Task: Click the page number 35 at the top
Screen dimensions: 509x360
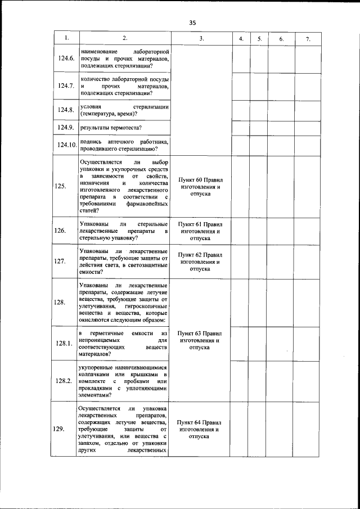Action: tap(192, 23)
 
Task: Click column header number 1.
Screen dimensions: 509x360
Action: tap(66, 38)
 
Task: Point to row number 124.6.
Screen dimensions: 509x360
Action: tap(66, 58)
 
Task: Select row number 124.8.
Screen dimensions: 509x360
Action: tap(66, 110)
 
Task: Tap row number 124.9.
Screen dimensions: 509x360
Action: tap(66, 128)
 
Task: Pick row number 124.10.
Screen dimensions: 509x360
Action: tap(66, 145)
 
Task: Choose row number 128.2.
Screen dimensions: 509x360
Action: tap(65, 381)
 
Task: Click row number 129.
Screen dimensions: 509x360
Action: tap(59, 429)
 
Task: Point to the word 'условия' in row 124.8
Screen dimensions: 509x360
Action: tap(91, 106)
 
